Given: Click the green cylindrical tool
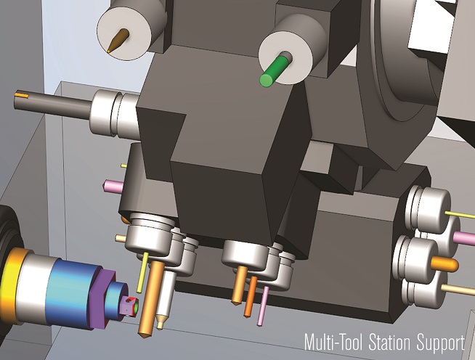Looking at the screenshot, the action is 274,71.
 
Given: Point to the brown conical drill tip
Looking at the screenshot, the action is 118,40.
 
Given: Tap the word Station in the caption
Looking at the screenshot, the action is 391,343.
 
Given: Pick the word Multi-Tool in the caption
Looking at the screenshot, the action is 334,343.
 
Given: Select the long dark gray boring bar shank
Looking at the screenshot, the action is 53,103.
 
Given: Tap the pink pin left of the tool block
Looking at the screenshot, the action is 113,187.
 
